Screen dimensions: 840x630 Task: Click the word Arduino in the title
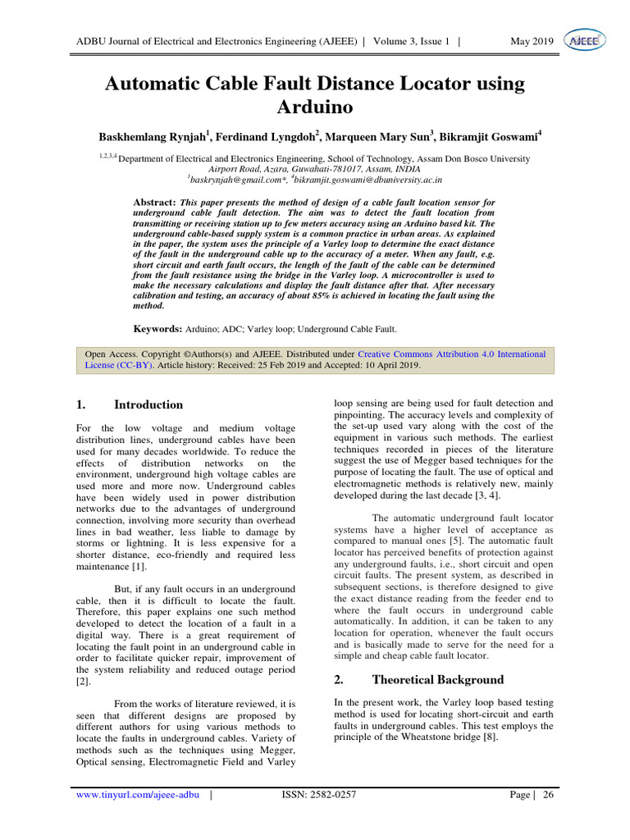pos(315,107)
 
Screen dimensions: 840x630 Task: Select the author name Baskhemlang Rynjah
pos(151,135)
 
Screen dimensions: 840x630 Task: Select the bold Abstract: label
pos(154,202)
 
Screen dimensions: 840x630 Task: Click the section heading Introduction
pos(148,404)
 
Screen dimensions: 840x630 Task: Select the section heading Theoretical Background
pos(438,679)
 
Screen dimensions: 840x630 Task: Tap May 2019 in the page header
pos(532,41)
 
